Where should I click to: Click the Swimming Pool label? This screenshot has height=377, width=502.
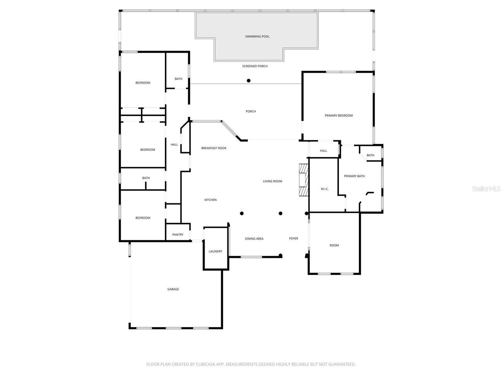click(257, 37)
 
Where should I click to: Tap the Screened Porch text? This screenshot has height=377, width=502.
click(255, 66)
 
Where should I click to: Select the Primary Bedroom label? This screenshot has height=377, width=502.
click(338, 115)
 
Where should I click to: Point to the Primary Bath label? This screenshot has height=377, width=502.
click(354, 176)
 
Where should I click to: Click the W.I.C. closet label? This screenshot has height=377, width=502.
click(324, 189)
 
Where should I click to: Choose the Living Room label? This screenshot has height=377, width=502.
click(273, 181)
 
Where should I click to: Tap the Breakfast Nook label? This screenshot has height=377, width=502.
click(214, 148)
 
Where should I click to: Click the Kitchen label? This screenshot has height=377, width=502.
click(210, 200)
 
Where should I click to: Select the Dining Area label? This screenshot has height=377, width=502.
click(254, 238)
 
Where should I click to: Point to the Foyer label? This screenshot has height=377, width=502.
click(293, 238)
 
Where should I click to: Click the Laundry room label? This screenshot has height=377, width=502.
click(215, 251)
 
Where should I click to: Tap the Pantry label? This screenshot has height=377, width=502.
click(178, 234)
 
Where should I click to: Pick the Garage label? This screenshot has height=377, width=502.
click(173, 289)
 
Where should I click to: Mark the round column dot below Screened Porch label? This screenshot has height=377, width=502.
click(249, 81)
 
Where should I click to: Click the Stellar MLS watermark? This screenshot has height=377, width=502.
click(486, 188)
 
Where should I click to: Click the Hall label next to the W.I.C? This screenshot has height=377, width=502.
click(323, 151)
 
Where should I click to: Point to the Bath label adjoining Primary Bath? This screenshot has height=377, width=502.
click(370, 155)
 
